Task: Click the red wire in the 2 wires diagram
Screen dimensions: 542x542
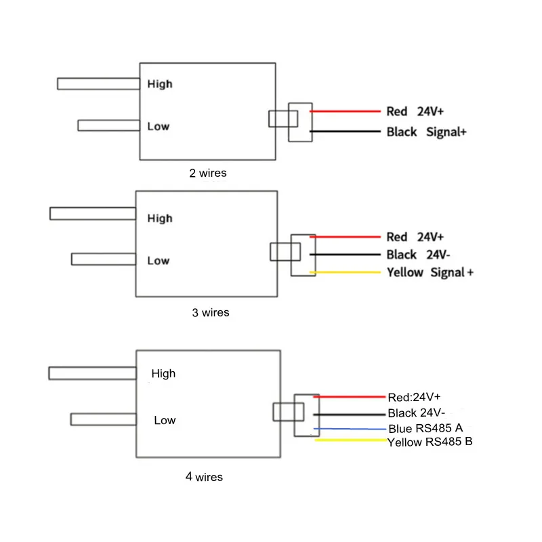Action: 346,111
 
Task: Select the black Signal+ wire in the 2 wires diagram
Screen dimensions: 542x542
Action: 346,131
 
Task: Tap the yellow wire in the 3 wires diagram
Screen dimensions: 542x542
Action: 346,272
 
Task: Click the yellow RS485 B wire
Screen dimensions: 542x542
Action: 350,441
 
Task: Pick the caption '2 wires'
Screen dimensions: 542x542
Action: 208,173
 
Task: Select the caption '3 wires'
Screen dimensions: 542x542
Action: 211,312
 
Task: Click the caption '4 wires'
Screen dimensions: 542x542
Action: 204,477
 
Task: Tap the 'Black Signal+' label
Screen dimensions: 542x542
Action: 426,132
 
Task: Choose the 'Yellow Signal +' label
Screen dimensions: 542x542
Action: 430,272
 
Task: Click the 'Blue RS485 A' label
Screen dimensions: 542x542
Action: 425,428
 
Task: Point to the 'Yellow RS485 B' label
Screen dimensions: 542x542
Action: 430,442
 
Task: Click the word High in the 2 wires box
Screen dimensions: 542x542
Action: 160,84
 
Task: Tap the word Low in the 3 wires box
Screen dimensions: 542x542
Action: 158,261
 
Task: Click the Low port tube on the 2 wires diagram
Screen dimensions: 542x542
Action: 108,125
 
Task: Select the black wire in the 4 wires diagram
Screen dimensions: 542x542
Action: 349,414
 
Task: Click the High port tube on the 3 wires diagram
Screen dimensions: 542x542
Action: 93,213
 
